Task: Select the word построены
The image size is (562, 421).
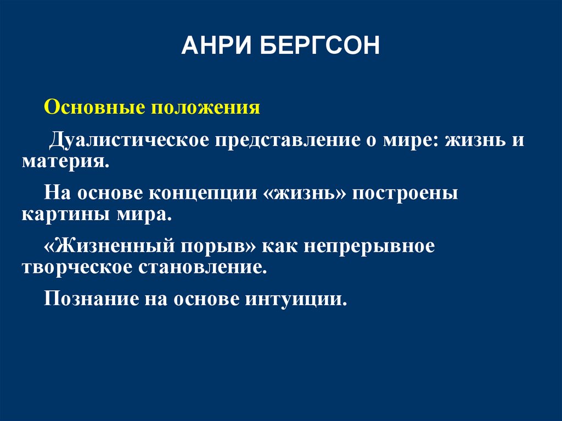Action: (x=405, y=194)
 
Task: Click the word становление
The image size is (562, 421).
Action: (x=205, y=267)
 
